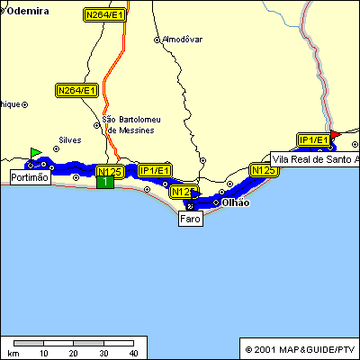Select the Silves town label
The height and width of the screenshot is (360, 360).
pyautogui.click(x=69, y=139)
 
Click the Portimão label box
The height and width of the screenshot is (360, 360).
pyautogui.click(x=31, y=178)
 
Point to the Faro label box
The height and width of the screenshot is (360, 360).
pyautogui.click(x=190, y=219)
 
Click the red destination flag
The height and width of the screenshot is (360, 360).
pyautogui.click(x=334, y=135)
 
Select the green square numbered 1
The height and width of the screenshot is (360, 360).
pyautogui.click(x=105, y=182)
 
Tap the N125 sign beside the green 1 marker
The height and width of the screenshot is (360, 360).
pyautogui.click(x=109, y=171)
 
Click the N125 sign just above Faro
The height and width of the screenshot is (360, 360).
pyautogui.click(x=183, y=192)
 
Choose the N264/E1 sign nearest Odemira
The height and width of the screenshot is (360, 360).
pyautogui.click(x=104, y=15)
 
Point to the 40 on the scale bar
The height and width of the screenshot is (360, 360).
pyautogui.click(x=133, y=353)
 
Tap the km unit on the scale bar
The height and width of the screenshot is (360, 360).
pyautogui.click(x=13, y=353)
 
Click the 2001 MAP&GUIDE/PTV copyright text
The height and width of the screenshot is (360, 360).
pyautogui.click(x=300, y=348)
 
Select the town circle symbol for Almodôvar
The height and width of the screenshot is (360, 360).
pyautogui.click(x=157, y=40)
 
